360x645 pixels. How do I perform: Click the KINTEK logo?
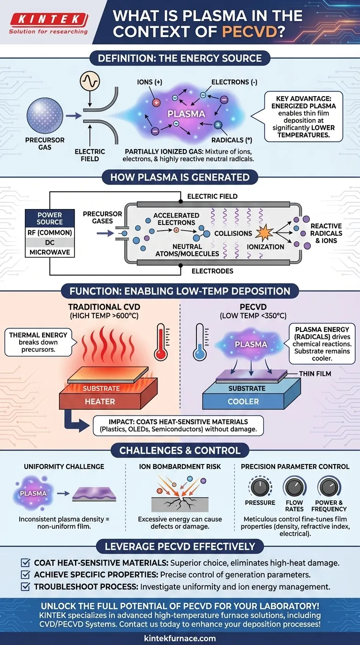[49, 20]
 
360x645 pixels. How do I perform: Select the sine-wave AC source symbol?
[89, 82]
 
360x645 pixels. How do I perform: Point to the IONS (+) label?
[149, 82]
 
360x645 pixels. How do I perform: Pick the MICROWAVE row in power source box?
[49, 252]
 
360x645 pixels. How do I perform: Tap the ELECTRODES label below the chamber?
[212, 271]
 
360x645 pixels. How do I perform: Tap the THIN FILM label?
[315, 373]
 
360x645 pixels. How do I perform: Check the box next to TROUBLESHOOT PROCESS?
[26, 586]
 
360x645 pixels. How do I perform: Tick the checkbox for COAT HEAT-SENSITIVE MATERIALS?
[26, 562]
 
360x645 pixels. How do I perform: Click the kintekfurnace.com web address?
[180, 638]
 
